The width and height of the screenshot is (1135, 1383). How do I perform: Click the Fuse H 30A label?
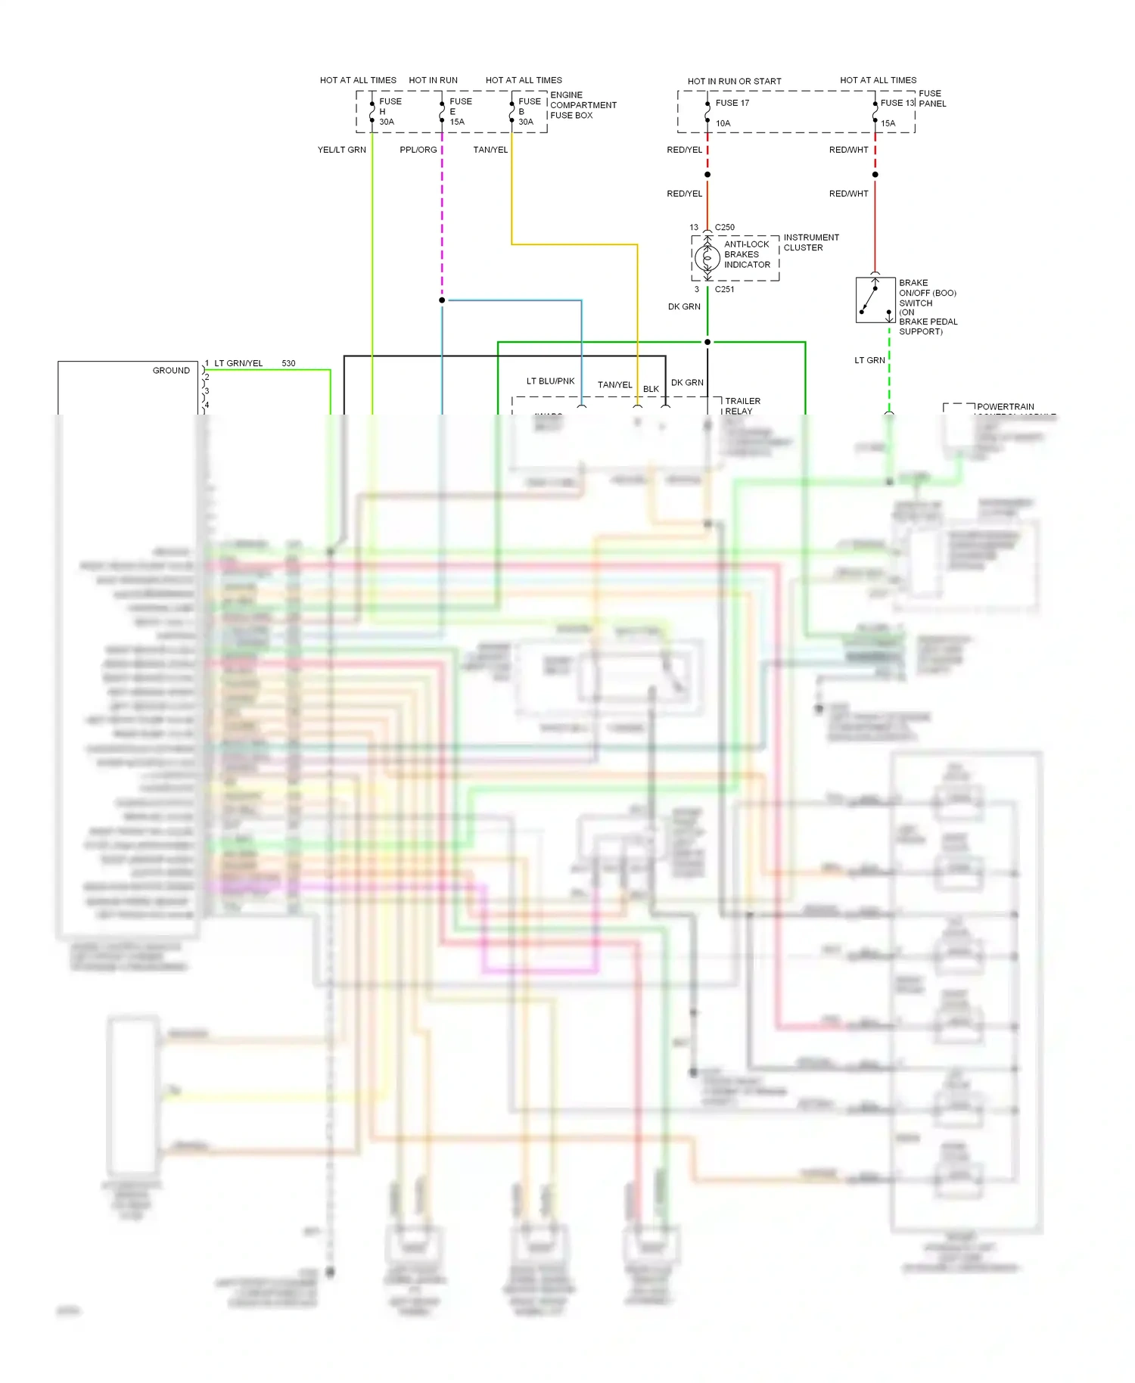tap(389, 111)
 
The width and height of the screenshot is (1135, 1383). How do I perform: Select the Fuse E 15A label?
tap(460, 111)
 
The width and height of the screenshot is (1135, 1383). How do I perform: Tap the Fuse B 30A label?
tap(529, 111)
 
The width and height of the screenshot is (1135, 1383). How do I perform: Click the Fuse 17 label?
tap(732, 103)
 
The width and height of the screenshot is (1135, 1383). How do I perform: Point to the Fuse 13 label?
tap(897, 103)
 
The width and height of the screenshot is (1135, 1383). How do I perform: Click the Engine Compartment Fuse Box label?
tap(583, 105)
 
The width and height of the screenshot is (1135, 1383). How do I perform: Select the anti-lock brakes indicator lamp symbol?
tap(708, 259)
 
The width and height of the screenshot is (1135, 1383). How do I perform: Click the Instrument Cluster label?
tap(810, 243)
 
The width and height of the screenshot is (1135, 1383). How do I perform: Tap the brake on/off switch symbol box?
tap(875, 300)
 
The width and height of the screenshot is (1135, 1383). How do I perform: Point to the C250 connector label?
tap(724, 227)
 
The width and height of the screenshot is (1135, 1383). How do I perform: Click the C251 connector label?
tap(724, 289)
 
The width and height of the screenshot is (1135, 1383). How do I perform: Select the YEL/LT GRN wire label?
tap(341, 150)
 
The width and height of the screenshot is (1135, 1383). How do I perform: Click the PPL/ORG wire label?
tap(418, 150)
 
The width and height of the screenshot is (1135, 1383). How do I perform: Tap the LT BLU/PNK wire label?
tap(550, 381)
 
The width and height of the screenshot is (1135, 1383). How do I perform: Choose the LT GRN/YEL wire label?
tap(238, 363)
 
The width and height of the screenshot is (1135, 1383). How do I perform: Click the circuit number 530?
tap(288, 363)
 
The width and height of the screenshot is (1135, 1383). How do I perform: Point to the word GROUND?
tap(171, 371)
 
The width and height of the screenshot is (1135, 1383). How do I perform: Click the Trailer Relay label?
tap(742, 406)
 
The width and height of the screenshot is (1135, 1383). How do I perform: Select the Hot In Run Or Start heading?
tap(734, 82)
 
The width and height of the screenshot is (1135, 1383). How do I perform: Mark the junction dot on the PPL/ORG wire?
tap(442, 300)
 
